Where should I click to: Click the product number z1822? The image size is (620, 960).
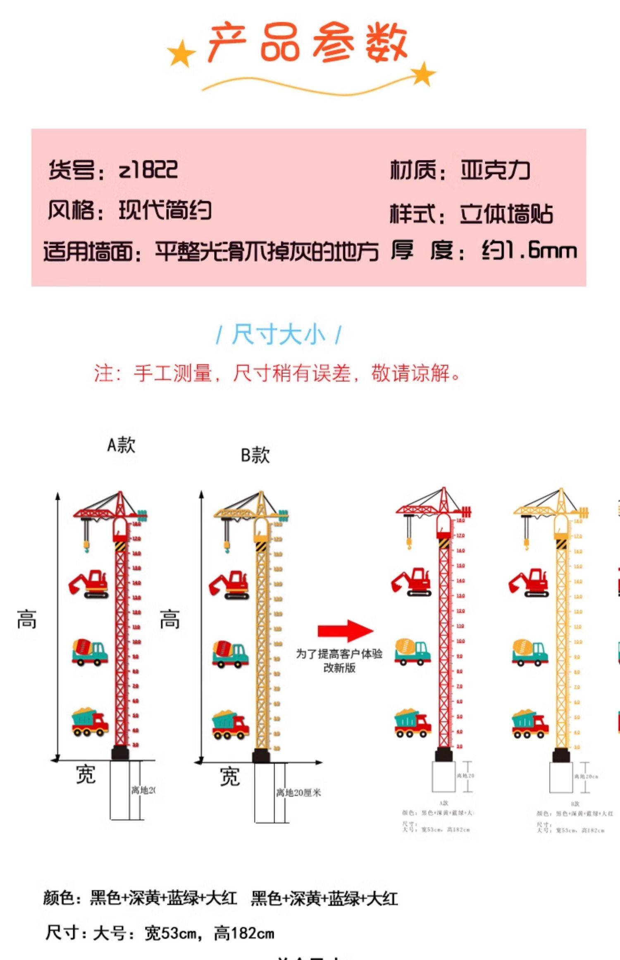pos(148,169)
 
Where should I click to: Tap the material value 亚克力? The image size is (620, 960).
pos(495,170)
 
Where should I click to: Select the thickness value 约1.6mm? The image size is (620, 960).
pos(529,251)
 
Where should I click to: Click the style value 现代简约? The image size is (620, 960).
pos(165,210)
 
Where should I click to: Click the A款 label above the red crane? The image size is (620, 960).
pos(121,445)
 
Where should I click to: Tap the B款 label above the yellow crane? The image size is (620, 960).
pos(255,455)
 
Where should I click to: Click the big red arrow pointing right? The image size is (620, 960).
pos(346,630)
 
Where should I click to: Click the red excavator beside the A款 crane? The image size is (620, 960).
pos(89,584)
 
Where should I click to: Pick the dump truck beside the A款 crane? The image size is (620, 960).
pos(90,722)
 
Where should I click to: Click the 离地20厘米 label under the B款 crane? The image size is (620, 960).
pos(298,793)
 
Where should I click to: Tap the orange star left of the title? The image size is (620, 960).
pos(181,53)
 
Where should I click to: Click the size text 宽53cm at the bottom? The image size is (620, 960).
pos(170,934)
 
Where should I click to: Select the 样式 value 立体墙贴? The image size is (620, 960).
pos(506,214)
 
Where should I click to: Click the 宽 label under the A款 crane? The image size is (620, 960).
pos(86,774)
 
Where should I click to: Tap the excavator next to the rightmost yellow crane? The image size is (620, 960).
pos(529,583)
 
